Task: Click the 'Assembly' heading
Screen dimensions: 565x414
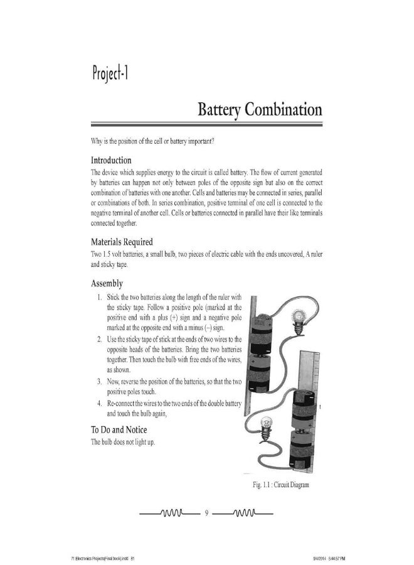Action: click(x=107, y=283)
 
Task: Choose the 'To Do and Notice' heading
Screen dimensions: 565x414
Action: click(x=119, y=429)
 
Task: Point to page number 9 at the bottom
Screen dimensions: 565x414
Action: click(x=206, y=514)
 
